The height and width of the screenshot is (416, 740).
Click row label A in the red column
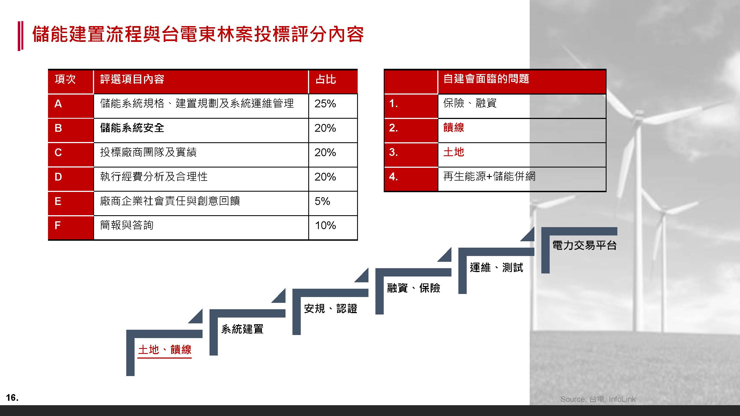[x=58, y=104]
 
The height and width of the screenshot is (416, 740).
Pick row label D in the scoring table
[x=58, y=177]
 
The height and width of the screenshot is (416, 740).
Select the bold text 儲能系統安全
[x=132, y=128]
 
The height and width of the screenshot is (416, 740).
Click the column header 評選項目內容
[x=132, y=79]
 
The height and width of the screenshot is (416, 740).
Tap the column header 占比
[x=326, y=79]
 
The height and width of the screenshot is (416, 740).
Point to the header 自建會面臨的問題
[x=486, y=79]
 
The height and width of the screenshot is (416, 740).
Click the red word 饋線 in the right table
[x=454, y=128]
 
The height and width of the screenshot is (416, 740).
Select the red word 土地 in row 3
[x=454, y=152]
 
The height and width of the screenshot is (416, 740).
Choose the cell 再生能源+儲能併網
[x=489, y=176]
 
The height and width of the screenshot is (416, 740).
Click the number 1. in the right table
[x=393, y=103]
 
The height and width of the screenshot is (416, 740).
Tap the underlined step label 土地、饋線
[x=165, y=350]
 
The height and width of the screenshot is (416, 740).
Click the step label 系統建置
[x=242, y=329]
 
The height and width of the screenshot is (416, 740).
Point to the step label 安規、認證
[x=330, y=309]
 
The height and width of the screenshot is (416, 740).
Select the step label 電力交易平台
[x=585, y=245]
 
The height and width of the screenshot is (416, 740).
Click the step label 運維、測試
[x=496, y=268]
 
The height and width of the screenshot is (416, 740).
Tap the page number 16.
[x=12, y=398]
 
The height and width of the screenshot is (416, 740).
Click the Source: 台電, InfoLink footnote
[x=598, y=399]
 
